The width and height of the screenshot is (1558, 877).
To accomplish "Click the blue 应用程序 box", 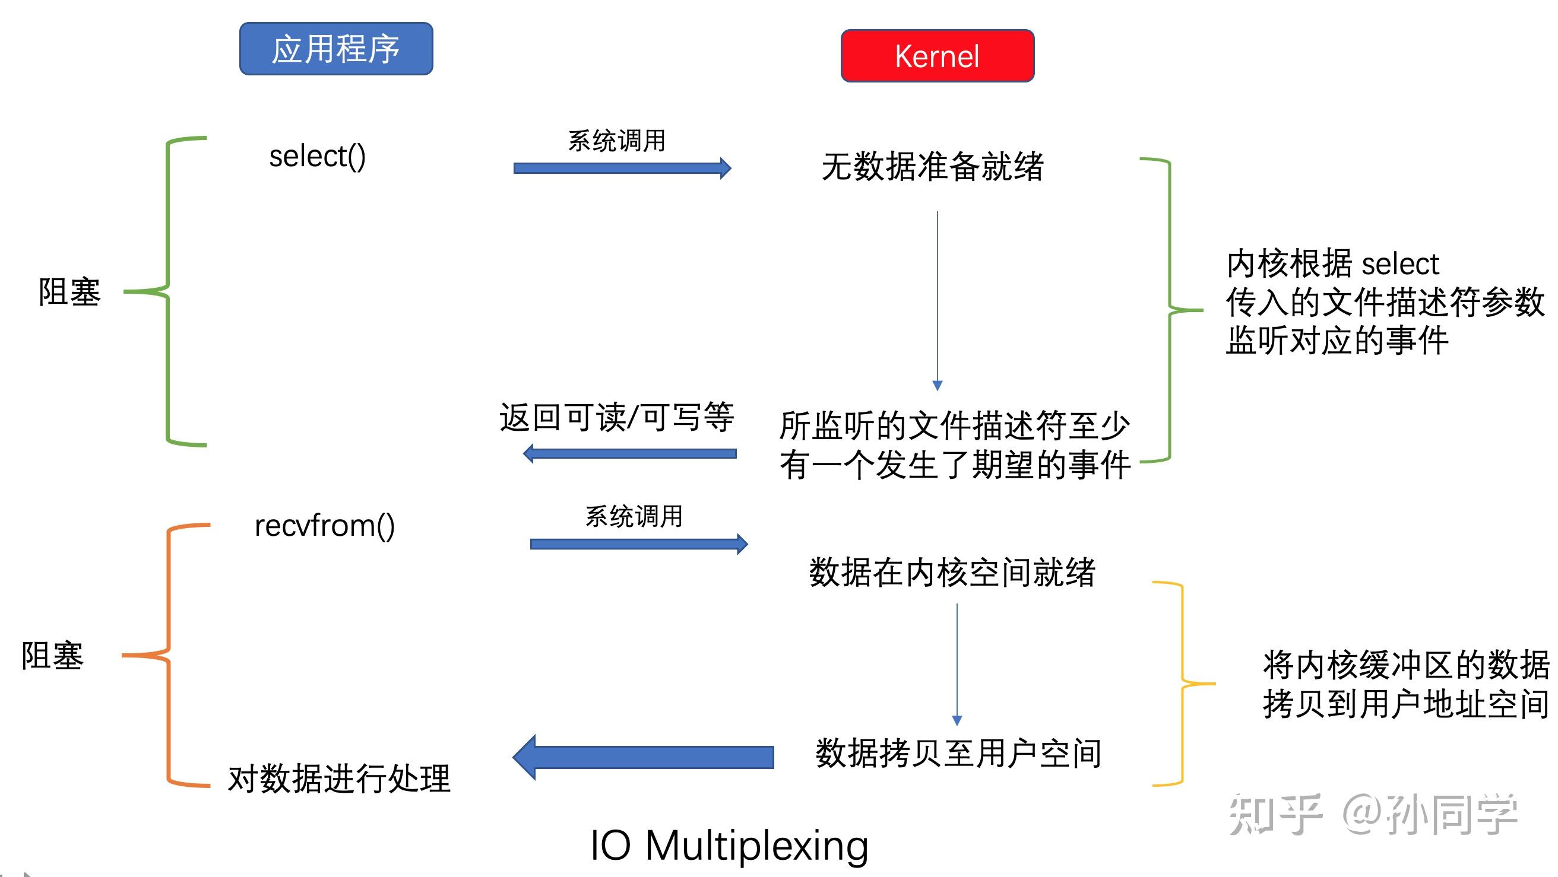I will point(336,49).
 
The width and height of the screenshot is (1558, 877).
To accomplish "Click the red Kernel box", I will point(937,56).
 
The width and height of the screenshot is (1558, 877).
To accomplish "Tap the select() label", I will point(318,157).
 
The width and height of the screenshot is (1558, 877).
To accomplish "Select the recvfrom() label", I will point(325,526).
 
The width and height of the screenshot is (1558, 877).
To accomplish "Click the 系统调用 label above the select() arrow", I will point(616,141).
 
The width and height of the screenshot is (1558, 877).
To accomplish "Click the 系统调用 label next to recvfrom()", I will point(634,517).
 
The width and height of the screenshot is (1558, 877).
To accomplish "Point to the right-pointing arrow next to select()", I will point(622,168).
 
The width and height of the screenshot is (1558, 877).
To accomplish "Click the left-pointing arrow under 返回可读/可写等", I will point(629,453).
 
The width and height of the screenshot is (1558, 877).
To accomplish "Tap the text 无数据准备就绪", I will point(932,167).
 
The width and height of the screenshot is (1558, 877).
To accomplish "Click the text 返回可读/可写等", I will point(616,418).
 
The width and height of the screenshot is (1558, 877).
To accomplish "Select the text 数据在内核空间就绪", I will point(952,573).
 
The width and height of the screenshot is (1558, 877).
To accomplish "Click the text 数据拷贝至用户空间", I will point(958,754).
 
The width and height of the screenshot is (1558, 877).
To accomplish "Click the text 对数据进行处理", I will point(338,779).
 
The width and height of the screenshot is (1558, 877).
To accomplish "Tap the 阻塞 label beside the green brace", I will point(69,292).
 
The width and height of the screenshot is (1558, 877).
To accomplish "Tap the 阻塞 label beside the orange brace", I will point(53,656).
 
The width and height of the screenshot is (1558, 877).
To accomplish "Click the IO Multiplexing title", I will point(729,845).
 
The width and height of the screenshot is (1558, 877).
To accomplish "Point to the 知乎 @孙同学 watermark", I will point(1373,815).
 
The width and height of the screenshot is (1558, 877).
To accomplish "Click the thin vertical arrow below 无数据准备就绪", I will point(938,299).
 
